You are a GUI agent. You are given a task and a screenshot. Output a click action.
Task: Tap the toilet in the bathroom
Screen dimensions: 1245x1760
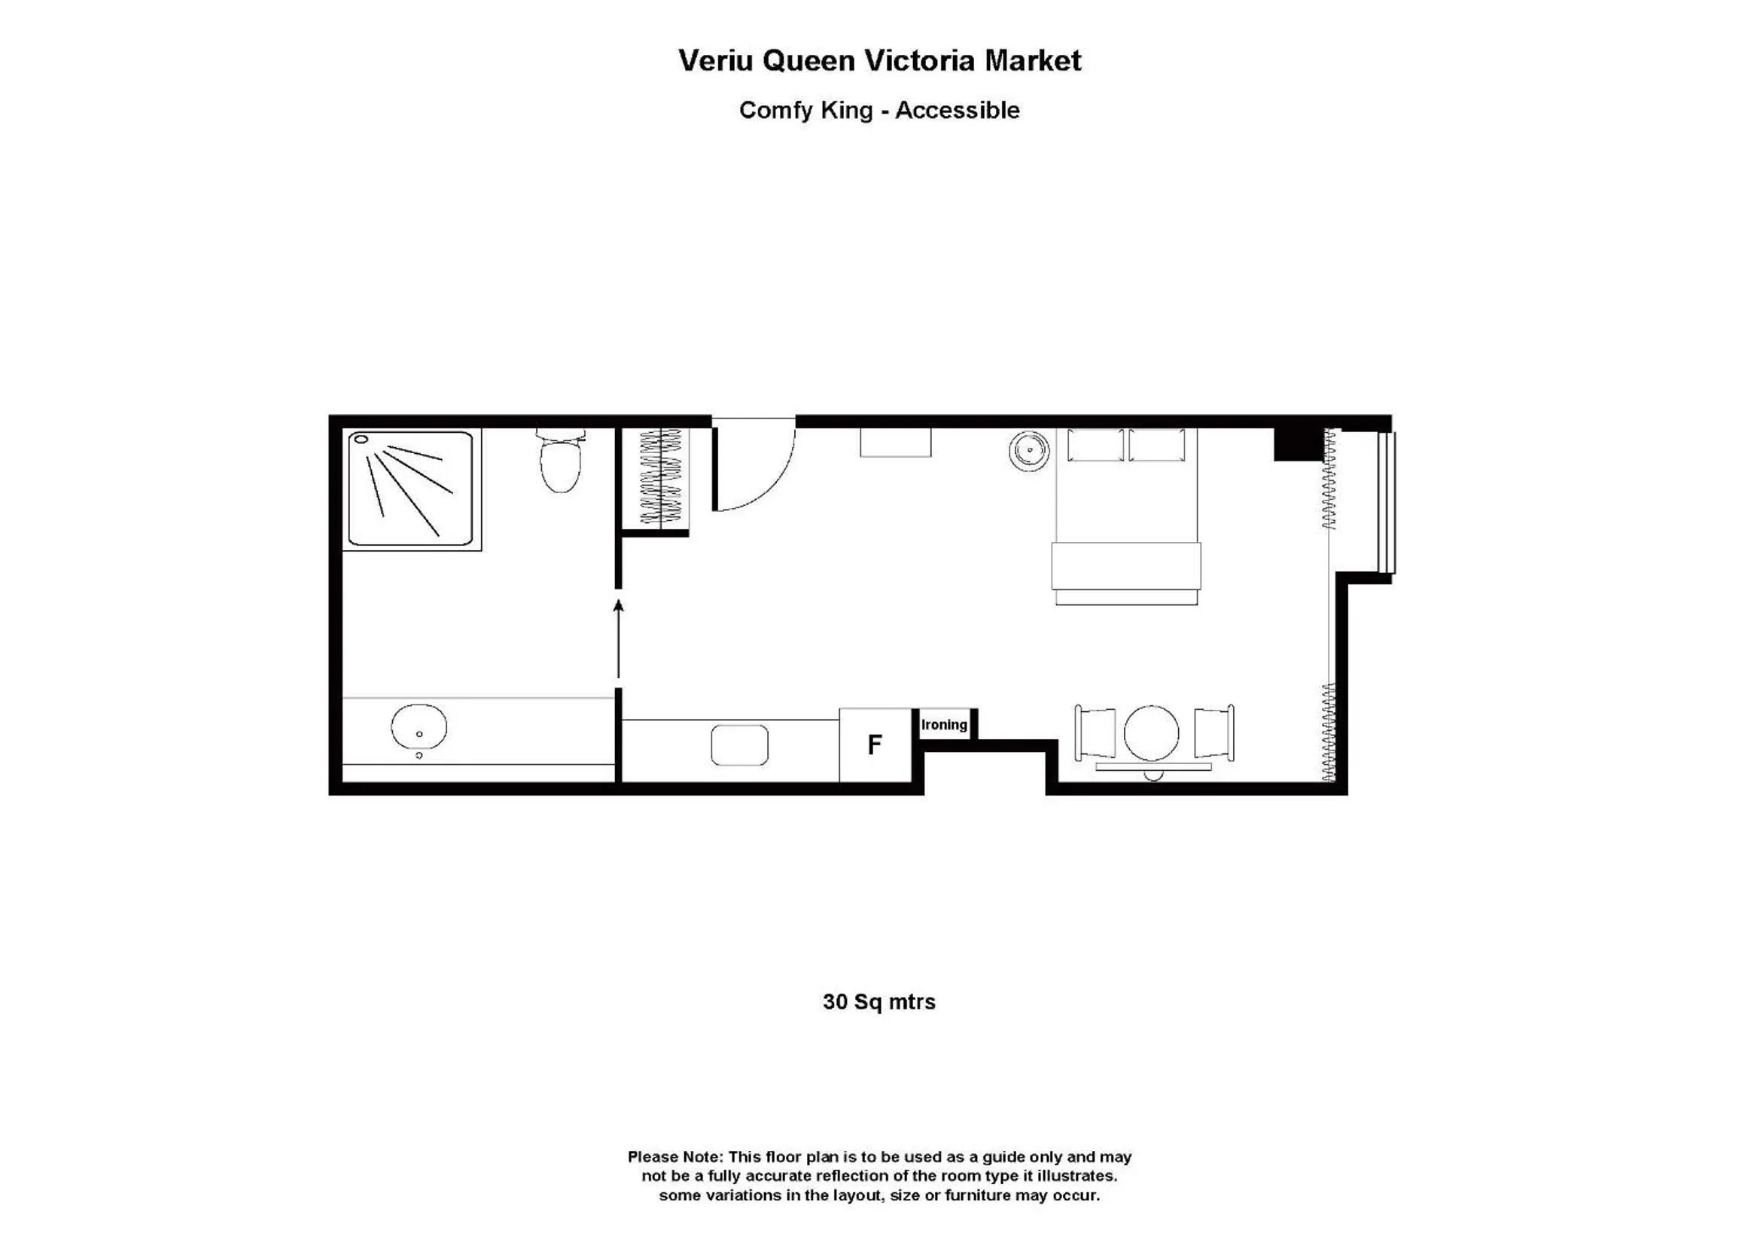click(560, 462)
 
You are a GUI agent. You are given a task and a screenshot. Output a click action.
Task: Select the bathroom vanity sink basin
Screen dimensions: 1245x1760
click(419, 727)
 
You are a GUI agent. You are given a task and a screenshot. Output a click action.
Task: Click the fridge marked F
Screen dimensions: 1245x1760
click(875, 744)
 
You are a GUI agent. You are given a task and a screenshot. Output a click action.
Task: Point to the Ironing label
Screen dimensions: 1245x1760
click(944, 724)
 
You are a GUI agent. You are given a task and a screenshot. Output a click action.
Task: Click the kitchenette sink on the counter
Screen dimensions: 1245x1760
click(739, 744)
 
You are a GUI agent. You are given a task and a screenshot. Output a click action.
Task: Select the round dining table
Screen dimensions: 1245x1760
click(1151, 733)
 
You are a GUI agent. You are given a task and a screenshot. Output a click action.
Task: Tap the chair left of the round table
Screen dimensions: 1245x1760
click(1095, 733)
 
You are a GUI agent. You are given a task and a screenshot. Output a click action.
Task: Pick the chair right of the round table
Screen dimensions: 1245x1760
click(1213, 733)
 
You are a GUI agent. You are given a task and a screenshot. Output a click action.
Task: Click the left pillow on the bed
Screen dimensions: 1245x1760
click(1095, 446)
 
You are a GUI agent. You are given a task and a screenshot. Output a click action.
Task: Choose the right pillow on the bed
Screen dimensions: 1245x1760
click(1157, 446)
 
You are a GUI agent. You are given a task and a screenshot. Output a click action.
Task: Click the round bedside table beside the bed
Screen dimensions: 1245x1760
click(1028, 450)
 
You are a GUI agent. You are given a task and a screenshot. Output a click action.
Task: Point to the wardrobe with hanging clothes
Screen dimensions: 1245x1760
click(660, 476)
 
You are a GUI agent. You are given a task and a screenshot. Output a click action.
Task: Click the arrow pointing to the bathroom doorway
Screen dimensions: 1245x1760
click(619, 638)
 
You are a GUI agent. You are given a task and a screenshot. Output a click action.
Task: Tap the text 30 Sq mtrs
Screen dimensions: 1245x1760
click(879, 1002)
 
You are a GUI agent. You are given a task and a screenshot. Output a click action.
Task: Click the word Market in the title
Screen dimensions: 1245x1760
click(1033, 60)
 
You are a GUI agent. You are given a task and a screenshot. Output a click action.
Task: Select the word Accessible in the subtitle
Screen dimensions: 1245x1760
click(958, 111)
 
